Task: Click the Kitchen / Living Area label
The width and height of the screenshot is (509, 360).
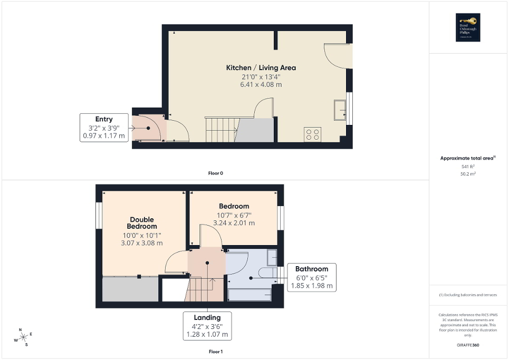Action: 261,67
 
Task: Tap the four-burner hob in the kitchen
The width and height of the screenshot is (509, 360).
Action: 312,134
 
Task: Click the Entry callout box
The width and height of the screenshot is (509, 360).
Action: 104,128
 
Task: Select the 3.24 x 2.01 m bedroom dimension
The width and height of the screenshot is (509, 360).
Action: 234,223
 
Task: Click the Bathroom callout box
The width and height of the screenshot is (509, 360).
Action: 312,277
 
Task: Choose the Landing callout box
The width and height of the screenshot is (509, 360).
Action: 207,326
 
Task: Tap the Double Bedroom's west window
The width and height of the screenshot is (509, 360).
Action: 99,217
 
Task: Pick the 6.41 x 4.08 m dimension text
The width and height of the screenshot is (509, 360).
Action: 261,84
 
